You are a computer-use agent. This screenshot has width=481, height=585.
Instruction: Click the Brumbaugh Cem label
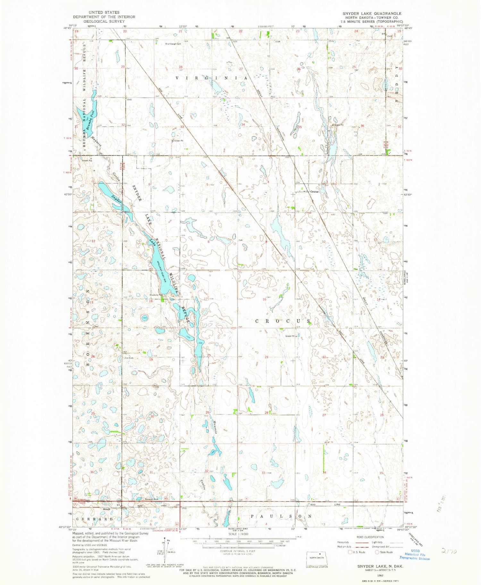(x=173, y=44)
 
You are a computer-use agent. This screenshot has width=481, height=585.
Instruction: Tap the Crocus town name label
(x=314, y=192)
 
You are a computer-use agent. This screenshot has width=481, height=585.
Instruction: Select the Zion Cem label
(x=129, y=358)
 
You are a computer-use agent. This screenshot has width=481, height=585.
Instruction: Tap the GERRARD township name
(x=94, y=519)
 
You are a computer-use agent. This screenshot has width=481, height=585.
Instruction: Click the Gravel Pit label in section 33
(x=178, y=141)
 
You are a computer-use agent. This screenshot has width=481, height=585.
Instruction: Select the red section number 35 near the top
(x=300, y=127)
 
